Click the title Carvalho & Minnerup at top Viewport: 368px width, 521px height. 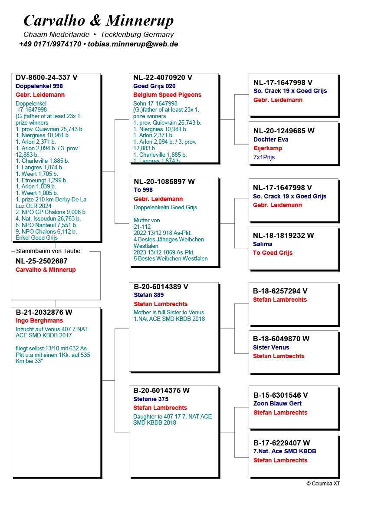coord(99,20)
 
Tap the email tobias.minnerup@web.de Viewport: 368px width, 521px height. coord(133,44)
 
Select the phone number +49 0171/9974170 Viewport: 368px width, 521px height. coord(50,44)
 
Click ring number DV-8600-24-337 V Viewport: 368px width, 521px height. coord(46,78)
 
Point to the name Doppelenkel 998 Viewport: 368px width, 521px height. coord(39,86)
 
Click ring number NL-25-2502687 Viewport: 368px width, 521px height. coord(42,261)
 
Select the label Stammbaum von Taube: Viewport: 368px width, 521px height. coord(49,251)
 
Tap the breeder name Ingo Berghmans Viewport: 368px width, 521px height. coord(39,320)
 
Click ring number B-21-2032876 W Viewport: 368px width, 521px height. coord(44,312)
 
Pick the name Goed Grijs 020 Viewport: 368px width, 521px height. coord(154,86)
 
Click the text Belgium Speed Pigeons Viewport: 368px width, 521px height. coord(168,95)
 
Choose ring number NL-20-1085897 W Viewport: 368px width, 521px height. coord(164,182)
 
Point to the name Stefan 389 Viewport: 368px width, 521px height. coord(148,295)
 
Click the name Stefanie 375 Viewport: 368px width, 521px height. coord(151,399)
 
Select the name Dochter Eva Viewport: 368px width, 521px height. coord(271,139)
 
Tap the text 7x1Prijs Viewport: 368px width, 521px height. coord(264,157)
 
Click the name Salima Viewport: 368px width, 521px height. coord(263,244)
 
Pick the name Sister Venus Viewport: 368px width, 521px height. coord(271,347)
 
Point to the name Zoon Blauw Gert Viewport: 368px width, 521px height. coord(277,403)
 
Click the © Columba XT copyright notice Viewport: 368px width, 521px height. coord(323,484)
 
